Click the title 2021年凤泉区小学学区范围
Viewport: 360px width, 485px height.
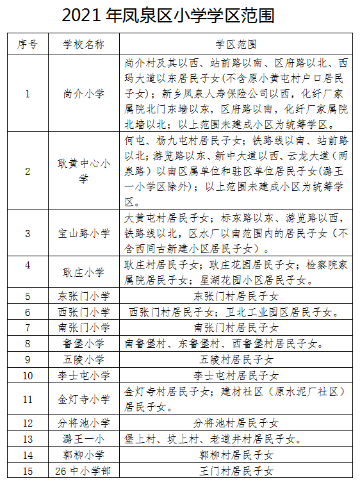[x=180, y=15]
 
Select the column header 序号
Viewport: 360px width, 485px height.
[x=28, y=44]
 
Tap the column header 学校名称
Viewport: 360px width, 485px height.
[x=84, y=44]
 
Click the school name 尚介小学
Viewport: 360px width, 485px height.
[x=84, y=94]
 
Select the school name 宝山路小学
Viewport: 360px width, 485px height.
[x=84, y=233]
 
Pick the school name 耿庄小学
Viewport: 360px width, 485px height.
[x=84, y=272]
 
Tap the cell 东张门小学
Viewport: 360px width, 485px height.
[x=84, y=296]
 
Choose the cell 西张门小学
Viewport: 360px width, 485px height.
[x=84, y=312]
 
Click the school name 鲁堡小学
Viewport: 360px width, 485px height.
[x=84, y=343]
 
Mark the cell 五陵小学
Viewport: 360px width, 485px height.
[x=84, y=359]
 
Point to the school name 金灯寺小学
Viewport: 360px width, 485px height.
[x=84, y=399]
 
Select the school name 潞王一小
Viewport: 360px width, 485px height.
[x=84, y=439]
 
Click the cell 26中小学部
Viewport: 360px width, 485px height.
[x=84, y=471]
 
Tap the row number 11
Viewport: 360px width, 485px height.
[x=28, y=399]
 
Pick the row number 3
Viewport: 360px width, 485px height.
[x=28, y=233]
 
